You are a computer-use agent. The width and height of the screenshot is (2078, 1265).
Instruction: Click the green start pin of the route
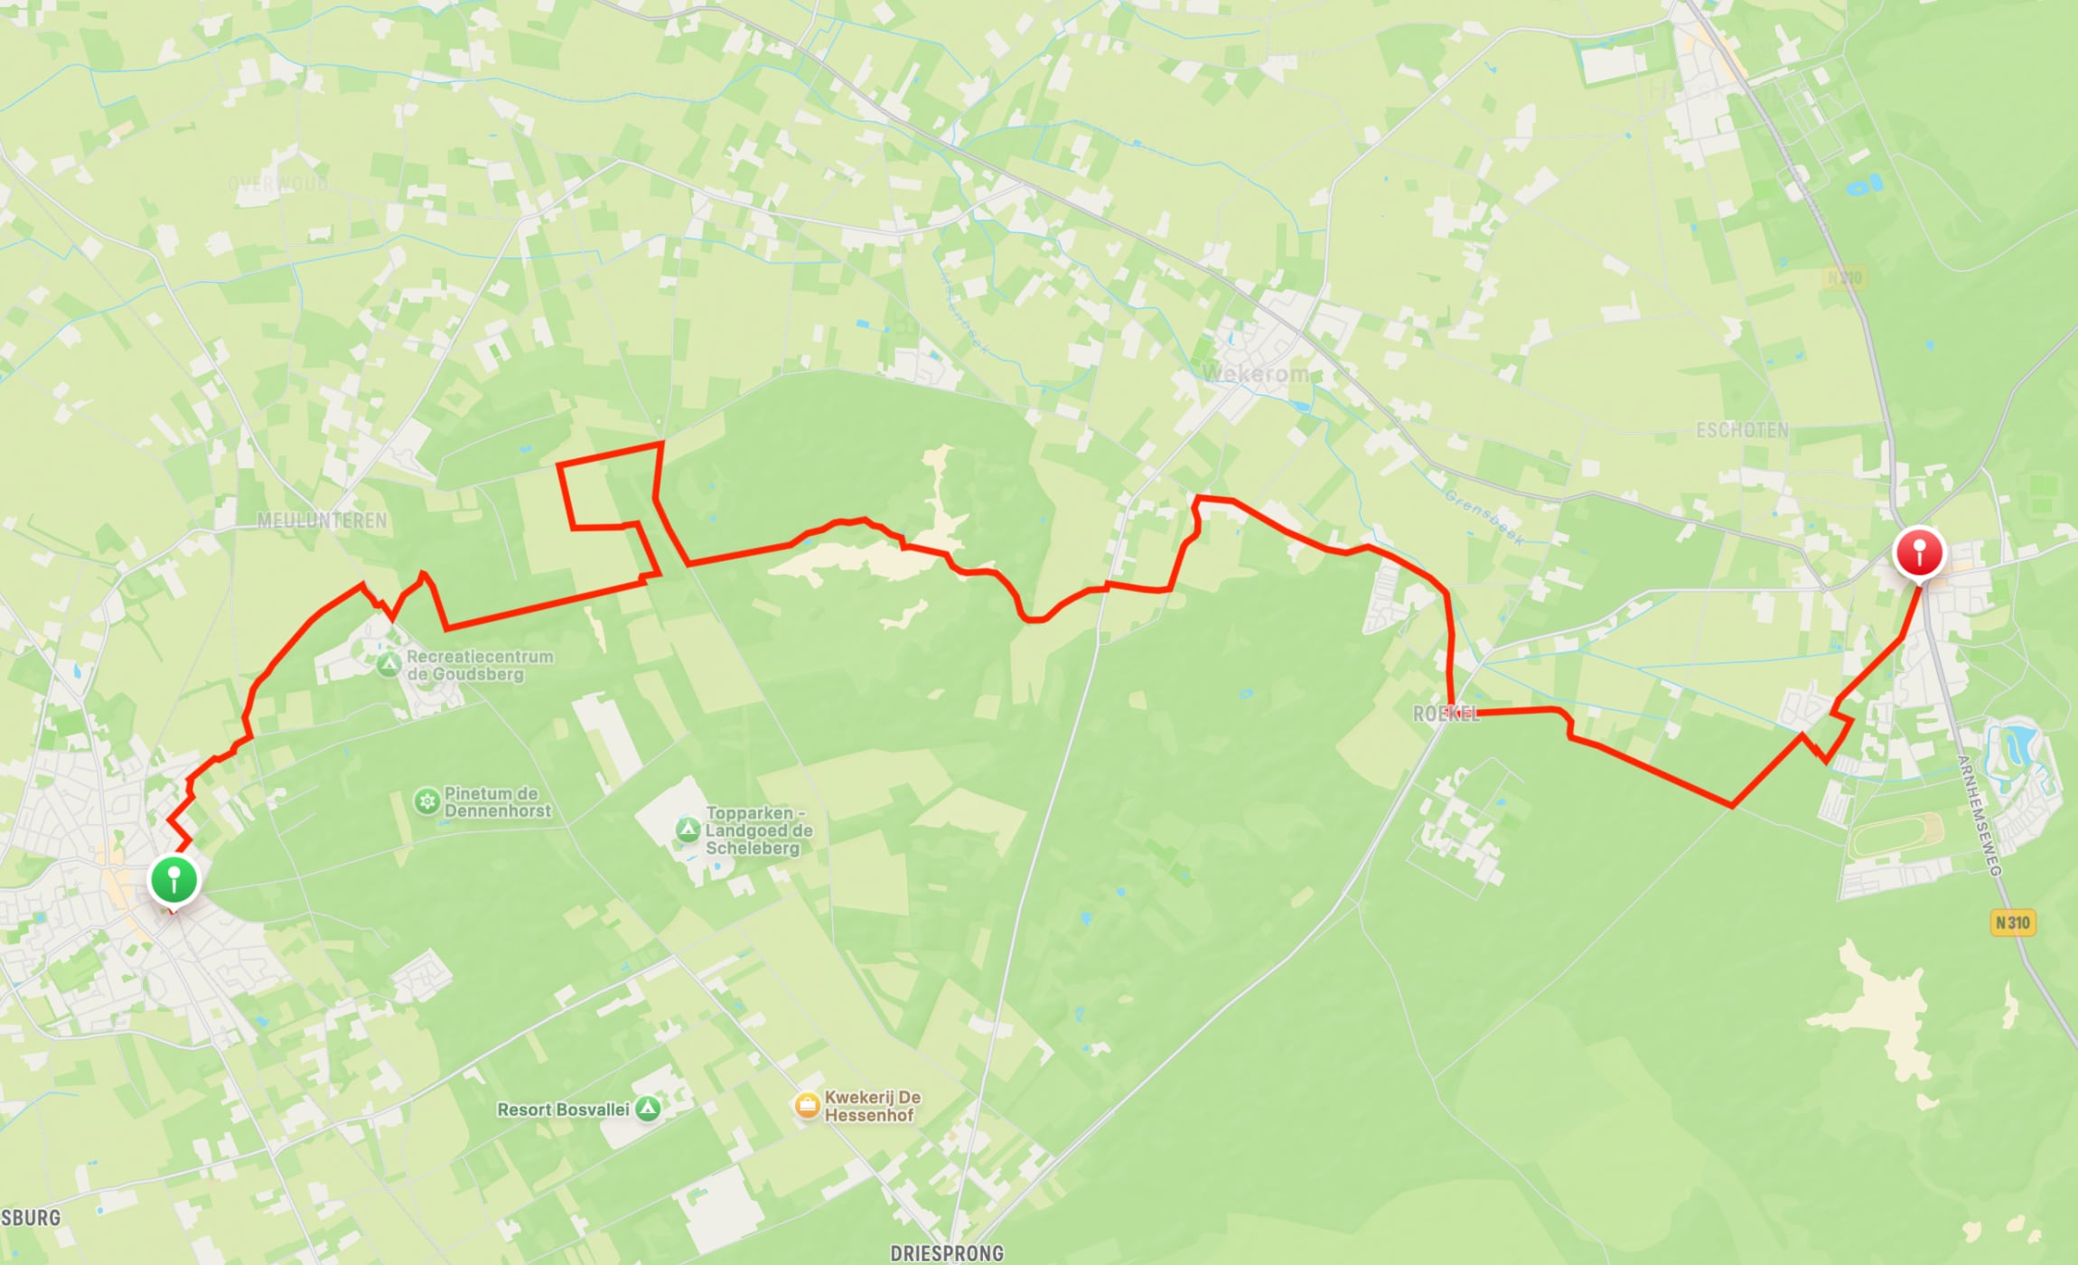point(173,879)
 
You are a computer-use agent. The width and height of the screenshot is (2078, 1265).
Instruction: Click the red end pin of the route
point(1919,550)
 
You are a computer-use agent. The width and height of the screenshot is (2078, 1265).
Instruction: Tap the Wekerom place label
point(1255,373)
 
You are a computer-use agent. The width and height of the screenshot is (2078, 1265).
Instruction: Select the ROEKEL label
point(1446,714)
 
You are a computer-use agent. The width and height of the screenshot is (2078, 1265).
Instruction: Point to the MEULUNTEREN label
point(322,520)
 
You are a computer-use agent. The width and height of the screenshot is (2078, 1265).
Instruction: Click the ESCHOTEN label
point(1742,430)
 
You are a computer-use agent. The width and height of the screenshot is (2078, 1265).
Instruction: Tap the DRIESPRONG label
point(947,1253)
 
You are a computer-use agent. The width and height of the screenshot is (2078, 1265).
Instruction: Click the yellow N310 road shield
point(2013,923)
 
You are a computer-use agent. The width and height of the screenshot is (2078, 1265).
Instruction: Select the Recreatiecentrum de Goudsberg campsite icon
point(388,665)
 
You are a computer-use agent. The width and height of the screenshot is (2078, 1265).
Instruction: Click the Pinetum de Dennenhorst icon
point(426,801)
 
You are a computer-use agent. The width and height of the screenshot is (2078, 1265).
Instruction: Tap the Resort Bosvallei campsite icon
point(648,1109)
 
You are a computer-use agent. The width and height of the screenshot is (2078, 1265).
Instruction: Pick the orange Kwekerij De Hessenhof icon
point(807,1105)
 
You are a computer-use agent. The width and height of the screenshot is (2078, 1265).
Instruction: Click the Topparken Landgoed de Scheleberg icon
point(688,829)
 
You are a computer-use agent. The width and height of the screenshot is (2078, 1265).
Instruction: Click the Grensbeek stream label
point(1484,518)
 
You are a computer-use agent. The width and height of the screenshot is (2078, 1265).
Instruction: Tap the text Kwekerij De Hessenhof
point(872,1106)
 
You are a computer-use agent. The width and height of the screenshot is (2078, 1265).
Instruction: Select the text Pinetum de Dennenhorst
point(497,802)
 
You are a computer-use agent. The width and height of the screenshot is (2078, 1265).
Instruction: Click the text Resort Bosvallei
point(562,1110)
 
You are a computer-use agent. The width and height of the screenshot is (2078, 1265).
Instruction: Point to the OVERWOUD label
point(277,184)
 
